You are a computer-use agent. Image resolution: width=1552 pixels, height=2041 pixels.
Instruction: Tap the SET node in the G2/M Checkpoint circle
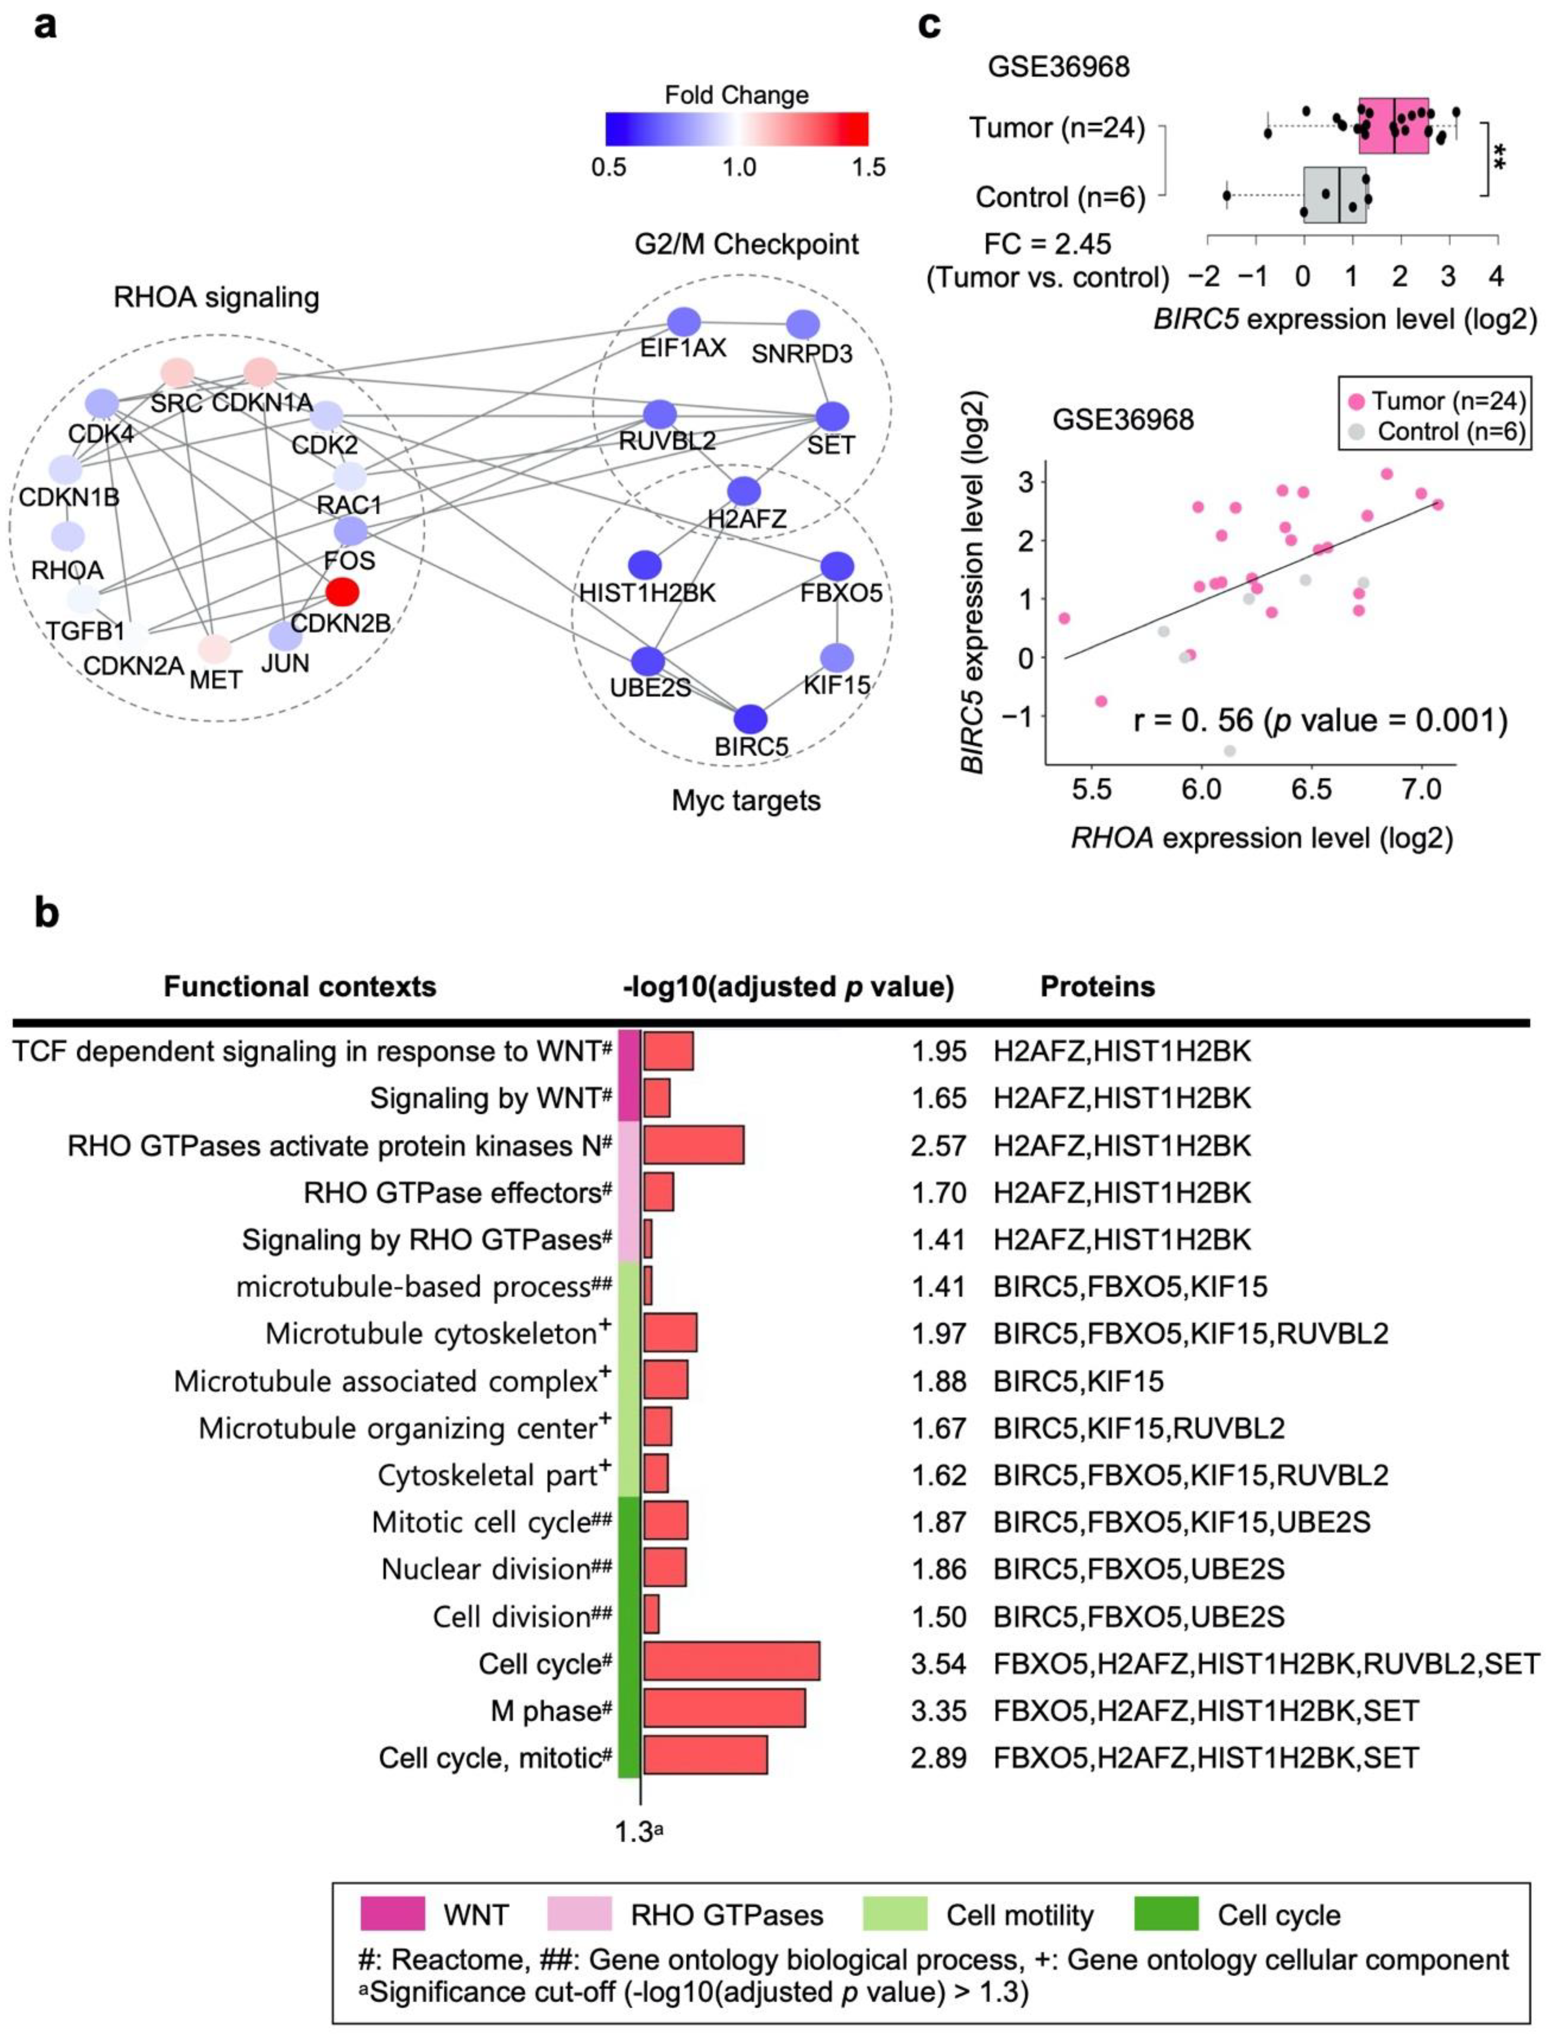pyautogui.click(x=831, y=416)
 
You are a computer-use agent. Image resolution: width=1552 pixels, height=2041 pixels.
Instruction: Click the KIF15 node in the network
pyautogui.click(x=836, y=658)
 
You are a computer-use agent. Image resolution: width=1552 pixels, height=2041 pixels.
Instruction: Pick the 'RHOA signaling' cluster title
pyautogui.click(x=216, y=298)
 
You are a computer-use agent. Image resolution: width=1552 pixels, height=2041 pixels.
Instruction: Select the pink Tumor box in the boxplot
pyautogui.click(x=1393, y=126)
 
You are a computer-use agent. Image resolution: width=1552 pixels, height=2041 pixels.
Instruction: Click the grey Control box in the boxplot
pyautogui.click(x=1334, y=195)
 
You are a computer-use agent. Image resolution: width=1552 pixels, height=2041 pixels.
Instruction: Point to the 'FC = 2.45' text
pyautogui.click(x=1048, y=245)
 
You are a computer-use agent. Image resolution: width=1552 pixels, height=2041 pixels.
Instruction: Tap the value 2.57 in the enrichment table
pyautogui.click(x=938, y=1146)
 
